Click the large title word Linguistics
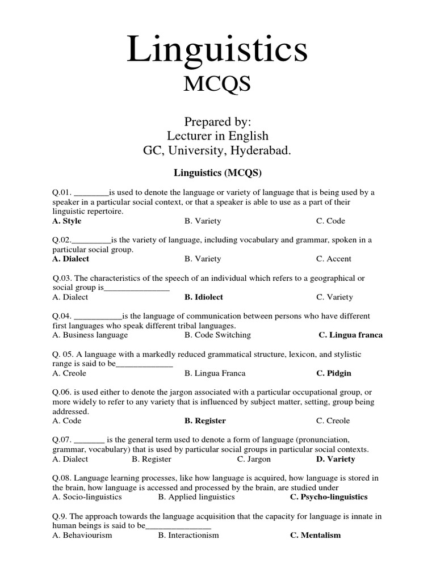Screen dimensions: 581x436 point(217,49)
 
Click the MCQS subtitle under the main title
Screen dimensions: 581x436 point(217,85)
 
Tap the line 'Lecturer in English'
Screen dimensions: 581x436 point(217,136)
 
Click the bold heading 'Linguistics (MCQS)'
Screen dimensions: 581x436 point(217,172)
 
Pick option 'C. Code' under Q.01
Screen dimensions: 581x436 point(330,221)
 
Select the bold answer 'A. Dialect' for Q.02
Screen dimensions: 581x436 point(70,259)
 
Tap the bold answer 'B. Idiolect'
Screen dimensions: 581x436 point(204,297)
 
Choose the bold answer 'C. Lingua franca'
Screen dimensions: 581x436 point(350,335)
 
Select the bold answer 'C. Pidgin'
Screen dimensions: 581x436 point(334,373)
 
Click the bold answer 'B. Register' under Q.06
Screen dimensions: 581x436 point(205,420)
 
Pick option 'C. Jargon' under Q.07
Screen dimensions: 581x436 point(254,459)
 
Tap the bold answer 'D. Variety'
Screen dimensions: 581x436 point(336,459)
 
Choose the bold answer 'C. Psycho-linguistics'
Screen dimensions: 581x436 point(329,497)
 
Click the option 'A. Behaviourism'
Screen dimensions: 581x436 point(82,535)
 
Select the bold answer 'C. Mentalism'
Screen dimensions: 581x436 point(315,535)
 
